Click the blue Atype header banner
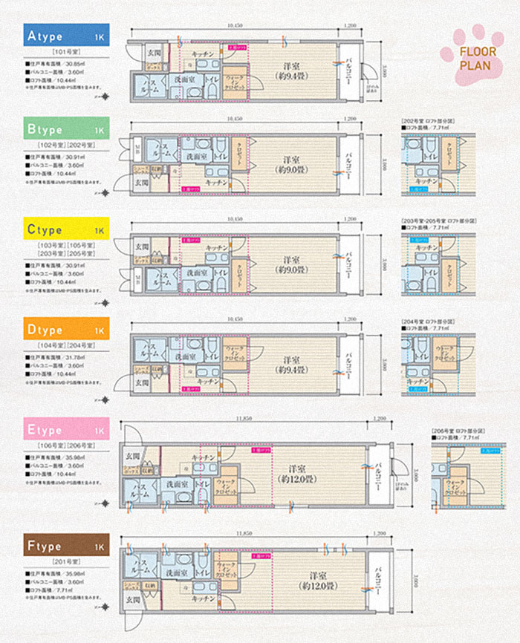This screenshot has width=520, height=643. click(x=65, y=36)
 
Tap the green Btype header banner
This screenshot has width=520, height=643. click(x=65, y=129)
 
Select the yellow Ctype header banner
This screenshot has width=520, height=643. click(x=65, y=230)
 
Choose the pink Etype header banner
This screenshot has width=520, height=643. click(x=65, y=428)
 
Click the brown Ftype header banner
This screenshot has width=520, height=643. click(x=65, y=546)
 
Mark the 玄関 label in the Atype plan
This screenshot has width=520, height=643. click(x=153, y=53)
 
